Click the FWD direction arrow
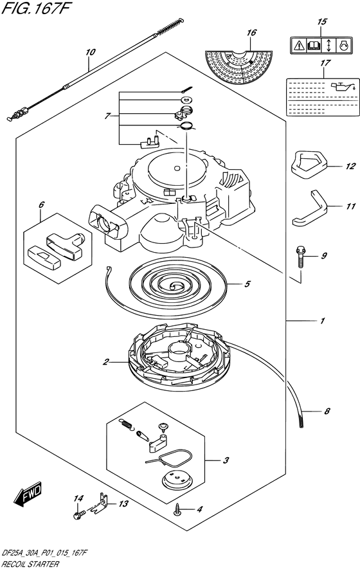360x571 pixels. (28, 494)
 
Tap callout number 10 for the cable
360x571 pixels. (90, 52)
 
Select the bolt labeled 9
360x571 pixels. (301, 257)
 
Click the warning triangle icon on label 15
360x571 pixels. (299, 46)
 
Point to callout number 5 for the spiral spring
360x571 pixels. (247, 284)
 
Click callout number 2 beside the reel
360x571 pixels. (105, 362)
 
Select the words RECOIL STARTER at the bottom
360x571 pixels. (30, 564)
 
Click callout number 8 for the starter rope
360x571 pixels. (327, 411)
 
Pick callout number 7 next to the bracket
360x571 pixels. (107, 116)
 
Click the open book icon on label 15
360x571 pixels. (314, 46)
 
